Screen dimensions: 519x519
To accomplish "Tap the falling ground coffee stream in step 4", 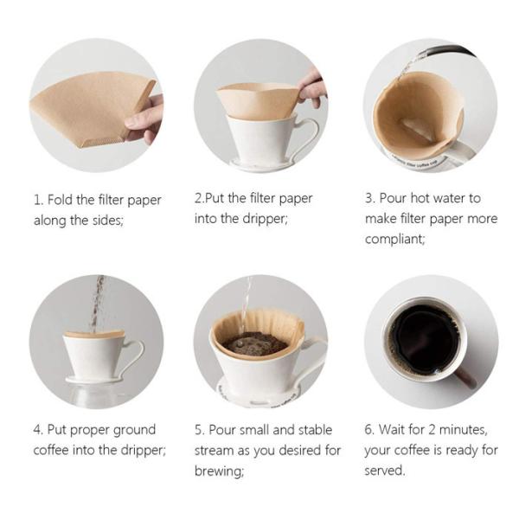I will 98,303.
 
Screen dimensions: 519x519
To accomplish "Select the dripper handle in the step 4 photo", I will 132,355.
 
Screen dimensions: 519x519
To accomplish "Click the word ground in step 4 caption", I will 134,430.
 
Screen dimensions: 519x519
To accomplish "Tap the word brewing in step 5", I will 219,471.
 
